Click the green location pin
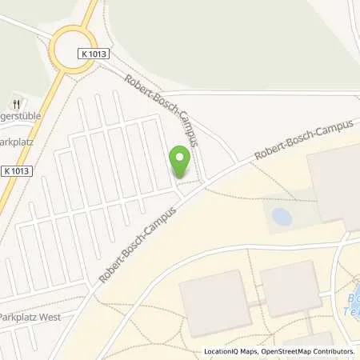pos(179,160)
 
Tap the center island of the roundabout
pos(74,49)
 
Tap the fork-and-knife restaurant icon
pos(15,103)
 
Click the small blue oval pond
pos(282,216)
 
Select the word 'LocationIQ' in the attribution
pos(221,350)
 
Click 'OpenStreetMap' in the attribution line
pos(285,350)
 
